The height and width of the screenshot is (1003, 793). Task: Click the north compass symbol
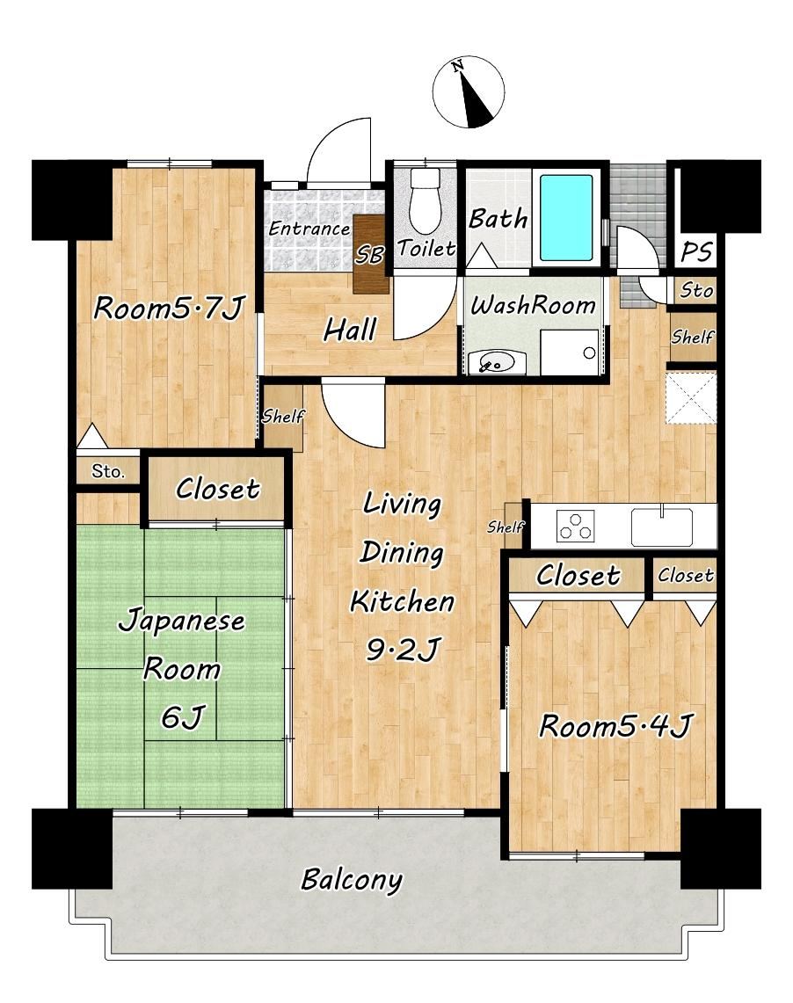[469, 91]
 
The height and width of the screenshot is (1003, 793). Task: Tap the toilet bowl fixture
[425, 200]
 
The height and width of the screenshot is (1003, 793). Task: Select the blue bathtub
[566, 217]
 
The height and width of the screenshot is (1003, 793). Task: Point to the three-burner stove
[576, 526]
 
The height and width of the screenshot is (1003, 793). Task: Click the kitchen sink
[662, 526]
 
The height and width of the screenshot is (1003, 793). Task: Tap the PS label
[696, 251]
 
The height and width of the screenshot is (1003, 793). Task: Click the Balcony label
[352, 880]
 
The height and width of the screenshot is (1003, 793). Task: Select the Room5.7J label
[169, 308]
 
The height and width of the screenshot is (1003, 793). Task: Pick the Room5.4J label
[615, 726]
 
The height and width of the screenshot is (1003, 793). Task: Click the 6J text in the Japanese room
[182, 717]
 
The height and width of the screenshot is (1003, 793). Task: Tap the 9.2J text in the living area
[403, 650]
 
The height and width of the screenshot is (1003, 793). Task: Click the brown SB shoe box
[370, 254]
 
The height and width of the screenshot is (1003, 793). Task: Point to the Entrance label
[309, 228]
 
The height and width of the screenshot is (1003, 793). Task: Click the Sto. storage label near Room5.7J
[107, 471]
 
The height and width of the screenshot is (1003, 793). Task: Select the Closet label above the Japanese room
[217, 490]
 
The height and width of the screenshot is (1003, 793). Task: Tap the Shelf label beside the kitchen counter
[506, 527]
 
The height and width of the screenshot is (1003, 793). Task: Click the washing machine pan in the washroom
[570, 352]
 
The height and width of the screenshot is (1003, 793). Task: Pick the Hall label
[350, 330]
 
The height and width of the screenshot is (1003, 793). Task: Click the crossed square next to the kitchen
[691, 398]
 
